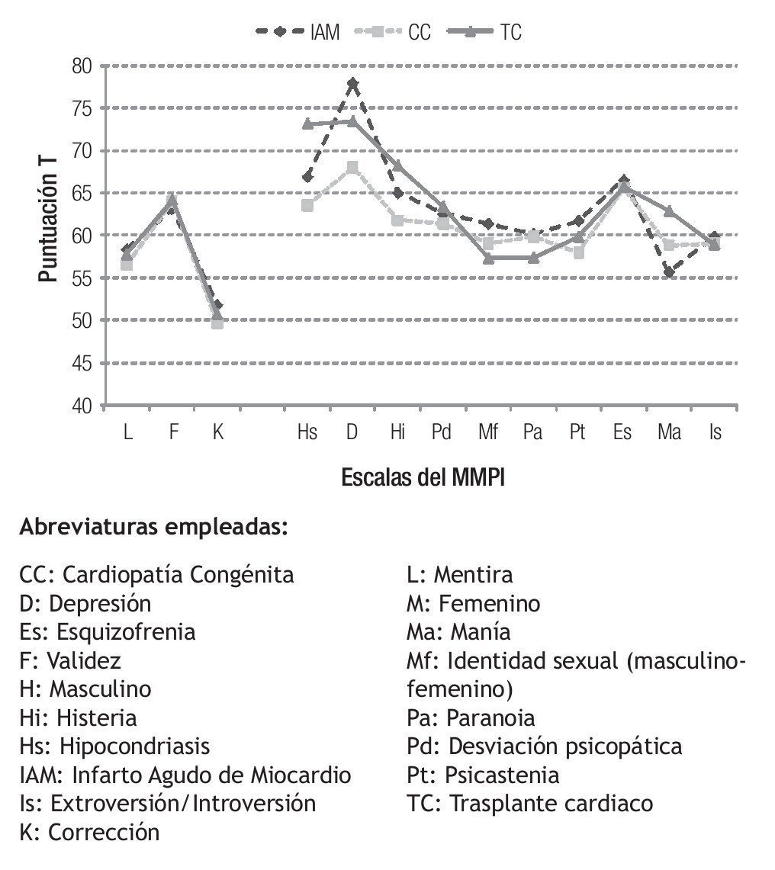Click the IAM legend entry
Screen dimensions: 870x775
click(x=297, y=32)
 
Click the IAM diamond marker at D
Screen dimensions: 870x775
click(x=352, y=83)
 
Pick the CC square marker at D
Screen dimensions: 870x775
click(x=352, y=167)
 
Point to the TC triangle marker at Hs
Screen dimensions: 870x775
click(x=307, y=124)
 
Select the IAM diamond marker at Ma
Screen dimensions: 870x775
click(x=669, y=272)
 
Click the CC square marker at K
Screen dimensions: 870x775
click(x=217, y=323)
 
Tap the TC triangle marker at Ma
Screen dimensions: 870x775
click(x=669, y=211)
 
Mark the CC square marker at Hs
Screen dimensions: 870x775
click(x=307, y=205)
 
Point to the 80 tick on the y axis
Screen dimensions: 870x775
click(x=82, y=66)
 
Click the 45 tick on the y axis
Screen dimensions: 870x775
click(x=82, y=364)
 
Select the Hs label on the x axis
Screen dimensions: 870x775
click(x=307, y=432)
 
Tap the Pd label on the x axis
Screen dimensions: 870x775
click(x=442, y=432)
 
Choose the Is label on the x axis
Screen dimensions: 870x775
click(x=715, y=432)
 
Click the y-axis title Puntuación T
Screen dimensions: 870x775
click(x=47, y=228)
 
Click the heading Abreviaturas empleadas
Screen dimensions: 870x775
click(x=153, y=527)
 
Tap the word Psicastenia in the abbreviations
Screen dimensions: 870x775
click(x=503, y=775)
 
